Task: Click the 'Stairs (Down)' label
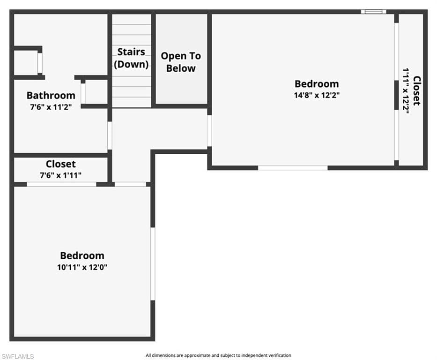coord(131,58)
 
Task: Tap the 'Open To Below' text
coord(181,62)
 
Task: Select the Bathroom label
coord(51,95)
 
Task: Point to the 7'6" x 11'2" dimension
coord(51,107)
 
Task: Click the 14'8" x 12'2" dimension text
coord(317,95)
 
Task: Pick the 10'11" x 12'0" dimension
coord(82,267)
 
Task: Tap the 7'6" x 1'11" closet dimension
coord(61,175)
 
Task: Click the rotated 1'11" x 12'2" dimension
coord(406,91)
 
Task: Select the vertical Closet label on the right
coord(417,90)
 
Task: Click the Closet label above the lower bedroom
coord(61,164)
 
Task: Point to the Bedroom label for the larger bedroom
coord(317,83)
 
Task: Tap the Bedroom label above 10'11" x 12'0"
coord(82,255)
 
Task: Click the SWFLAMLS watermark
coord(17,356)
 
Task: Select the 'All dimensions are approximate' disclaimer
coord(218,355)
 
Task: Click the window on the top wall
coord(373,12)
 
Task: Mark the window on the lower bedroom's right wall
coord(153,264)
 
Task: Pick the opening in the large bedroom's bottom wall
coord(293,168)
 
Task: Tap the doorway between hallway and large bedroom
coord(209,131)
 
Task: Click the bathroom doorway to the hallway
coord(110,135)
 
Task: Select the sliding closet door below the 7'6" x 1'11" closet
coord(62,184)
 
